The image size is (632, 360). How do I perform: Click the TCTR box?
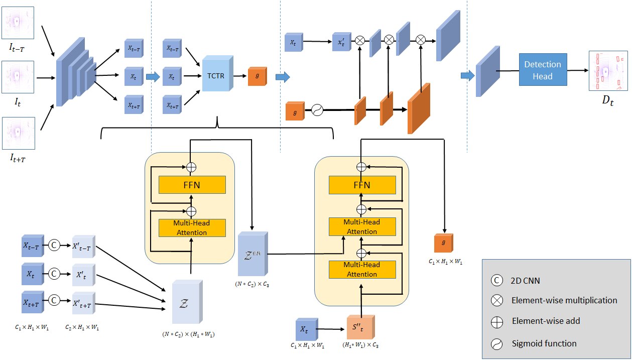tap(217, 73)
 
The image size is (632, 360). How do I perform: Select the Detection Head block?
tap(543, 70)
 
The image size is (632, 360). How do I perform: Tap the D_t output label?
tap(608, 100)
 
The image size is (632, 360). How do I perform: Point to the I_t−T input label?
tap(17, 48)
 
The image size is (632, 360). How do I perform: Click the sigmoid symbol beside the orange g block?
tap(317, 110)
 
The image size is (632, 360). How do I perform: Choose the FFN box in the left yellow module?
tap(192, 185)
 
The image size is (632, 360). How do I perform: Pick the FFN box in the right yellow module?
tap(362, 185)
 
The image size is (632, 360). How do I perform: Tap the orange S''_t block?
tap(360, 327)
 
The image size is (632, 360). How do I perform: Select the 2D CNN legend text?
tap(525, 281)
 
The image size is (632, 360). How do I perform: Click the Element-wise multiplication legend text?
tap(564, 300)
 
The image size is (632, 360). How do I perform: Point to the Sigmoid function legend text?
tap(544, 343)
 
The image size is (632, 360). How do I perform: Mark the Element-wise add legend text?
tap(546, 321)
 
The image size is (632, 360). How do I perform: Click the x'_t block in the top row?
tap(342, 42)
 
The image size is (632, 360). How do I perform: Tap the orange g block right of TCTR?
tap(258, 76)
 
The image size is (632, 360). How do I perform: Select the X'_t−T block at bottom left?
tap(83, 247)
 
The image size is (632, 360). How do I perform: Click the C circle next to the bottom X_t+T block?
tap(54, 300)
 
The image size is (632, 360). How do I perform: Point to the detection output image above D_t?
tap(608, 70)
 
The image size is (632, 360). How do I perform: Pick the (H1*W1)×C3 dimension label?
tap(360, 345)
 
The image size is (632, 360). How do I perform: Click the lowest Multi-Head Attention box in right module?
tap(362, 270)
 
